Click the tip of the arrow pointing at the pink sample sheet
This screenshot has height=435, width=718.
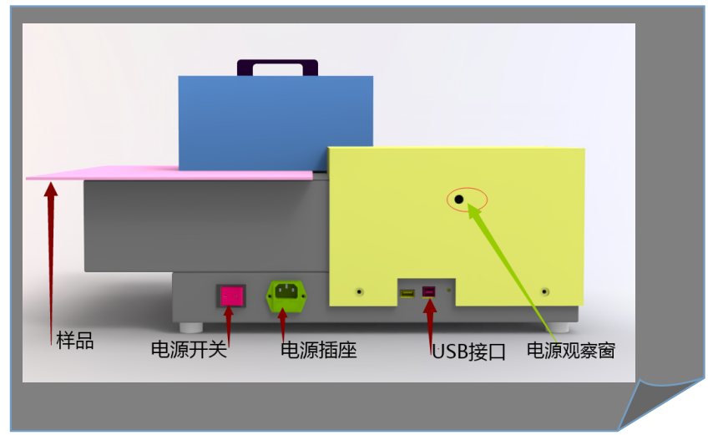50,182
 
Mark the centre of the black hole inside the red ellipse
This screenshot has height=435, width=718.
459,200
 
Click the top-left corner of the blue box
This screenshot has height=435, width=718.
179,77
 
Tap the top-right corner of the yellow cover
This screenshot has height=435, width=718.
584,149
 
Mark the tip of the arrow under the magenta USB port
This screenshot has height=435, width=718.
429,299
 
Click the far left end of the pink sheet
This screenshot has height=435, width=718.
26,178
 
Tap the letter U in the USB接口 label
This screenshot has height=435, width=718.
438,352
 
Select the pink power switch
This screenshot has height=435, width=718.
231,296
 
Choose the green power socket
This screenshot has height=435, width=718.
286,296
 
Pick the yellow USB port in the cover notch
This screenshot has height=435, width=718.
407,293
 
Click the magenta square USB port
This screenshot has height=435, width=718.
428,291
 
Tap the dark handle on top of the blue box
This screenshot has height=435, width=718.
277,68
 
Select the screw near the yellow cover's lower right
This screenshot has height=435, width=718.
544,291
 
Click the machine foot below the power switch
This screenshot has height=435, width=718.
191,327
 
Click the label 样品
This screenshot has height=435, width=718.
75,341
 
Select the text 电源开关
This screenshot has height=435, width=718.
190,349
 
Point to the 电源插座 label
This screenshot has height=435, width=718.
319,351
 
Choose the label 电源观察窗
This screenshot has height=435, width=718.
571,351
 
